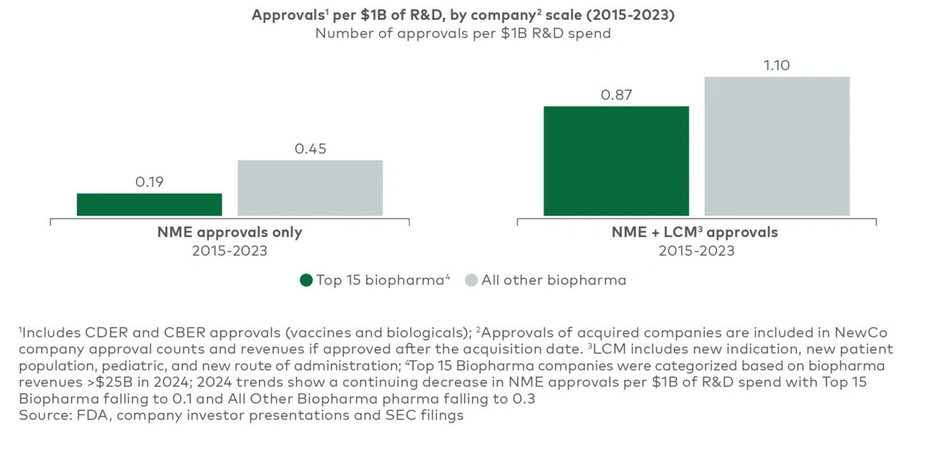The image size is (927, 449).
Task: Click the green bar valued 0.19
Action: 149,204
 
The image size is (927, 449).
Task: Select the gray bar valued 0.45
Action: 310,188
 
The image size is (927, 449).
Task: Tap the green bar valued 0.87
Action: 616,161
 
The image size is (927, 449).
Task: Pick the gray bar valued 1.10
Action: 777,146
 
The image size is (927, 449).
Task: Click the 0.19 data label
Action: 149,182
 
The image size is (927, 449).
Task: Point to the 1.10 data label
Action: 777,66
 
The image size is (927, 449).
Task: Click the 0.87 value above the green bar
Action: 617,95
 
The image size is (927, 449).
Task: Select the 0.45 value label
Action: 310,149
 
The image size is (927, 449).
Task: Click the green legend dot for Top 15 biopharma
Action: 306,281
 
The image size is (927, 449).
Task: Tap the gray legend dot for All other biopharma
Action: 471,281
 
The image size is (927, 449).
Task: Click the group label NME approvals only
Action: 230,233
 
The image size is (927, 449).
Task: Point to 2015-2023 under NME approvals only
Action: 230,251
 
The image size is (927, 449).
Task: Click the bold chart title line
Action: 462,15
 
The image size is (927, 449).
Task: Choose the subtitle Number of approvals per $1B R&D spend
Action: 463,34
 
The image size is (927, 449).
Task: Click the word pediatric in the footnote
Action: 118,365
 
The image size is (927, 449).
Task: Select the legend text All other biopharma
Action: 553,281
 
